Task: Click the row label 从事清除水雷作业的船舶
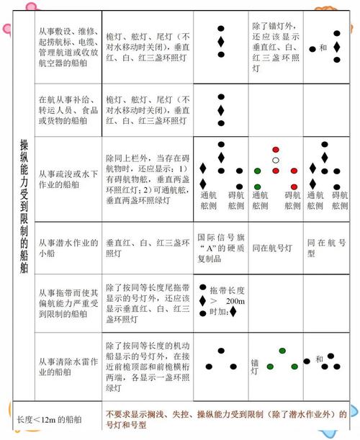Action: [x=66, y=367]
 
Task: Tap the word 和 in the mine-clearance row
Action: [x=318, y=359]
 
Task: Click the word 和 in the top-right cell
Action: [x=323, y=48]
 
